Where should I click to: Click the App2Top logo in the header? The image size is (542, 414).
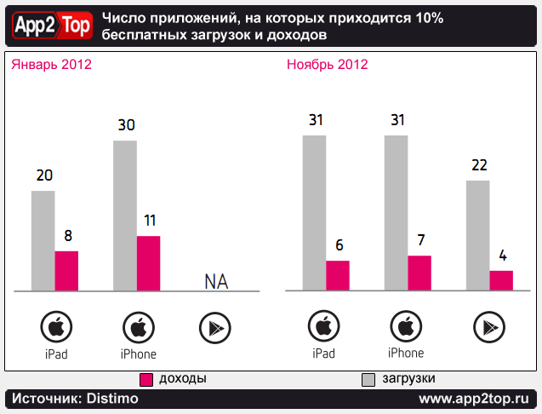[x=50, y=27]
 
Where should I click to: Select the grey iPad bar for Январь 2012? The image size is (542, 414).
[x=43, y=240]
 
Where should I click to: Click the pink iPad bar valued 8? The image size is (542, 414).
[x=66, y=271]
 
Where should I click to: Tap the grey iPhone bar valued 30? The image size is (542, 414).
[x=125, y=215]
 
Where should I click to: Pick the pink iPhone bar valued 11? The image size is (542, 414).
[x=148, y=263]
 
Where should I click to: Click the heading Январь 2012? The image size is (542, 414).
[x=51, y=65]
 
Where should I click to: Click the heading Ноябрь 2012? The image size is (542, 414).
[x=328, y=65]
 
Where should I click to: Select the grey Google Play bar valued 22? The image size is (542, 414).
[x=478, y=235]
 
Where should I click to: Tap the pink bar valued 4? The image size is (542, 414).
[x=501, y=281]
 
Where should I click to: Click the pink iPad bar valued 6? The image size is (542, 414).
[x=338, y=275]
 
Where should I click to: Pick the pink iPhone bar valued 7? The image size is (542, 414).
[x=419, y=273]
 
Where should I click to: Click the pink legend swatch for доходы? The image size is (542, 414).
[x=146, y=378]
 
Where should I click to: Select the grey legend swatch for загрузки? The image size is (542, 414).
[x=369, y=378]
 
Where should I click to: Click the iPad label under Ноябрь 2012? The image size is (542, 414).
[x=323, y=353]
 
